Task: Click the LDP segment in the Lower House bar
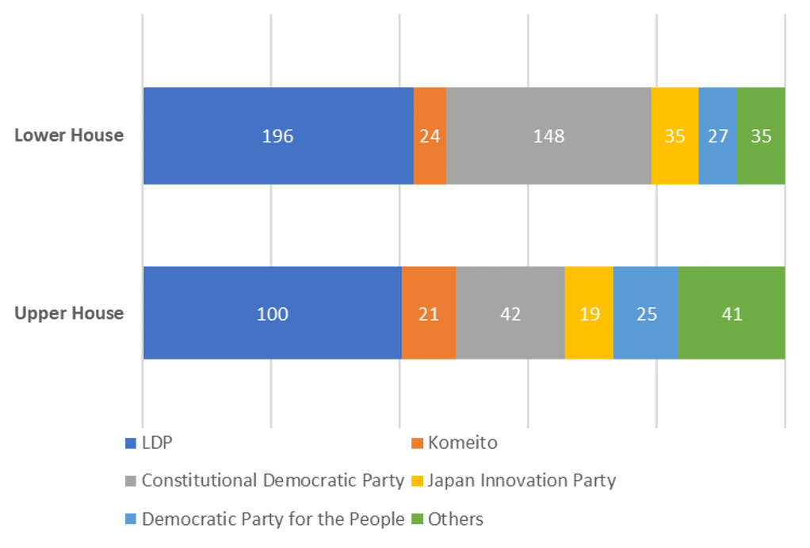tap(277, 135)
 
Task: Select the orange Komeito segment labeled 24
tap(430, 135)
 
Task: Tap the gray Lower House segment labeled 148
tap(548, 135)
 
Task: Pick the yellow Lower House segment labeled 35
tap(674, 135)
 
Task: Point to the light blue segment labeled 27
tap(717, 135)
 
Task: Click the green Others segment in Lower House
tap(761, 135)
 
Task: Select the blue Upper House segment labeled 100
tap(272, 314)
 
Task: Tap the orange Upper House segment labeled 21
tap(429, 314)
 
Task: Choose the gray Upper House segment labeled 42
tap(510, 314)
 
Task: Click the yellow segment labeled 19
tap(589, 314)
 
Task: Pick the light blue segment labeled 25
tap(646, 314)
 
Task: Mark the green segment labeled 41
tap(732, 314)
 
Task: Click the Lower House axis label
tap(70, 135)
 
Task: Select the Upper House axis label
tap(70, 314)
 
